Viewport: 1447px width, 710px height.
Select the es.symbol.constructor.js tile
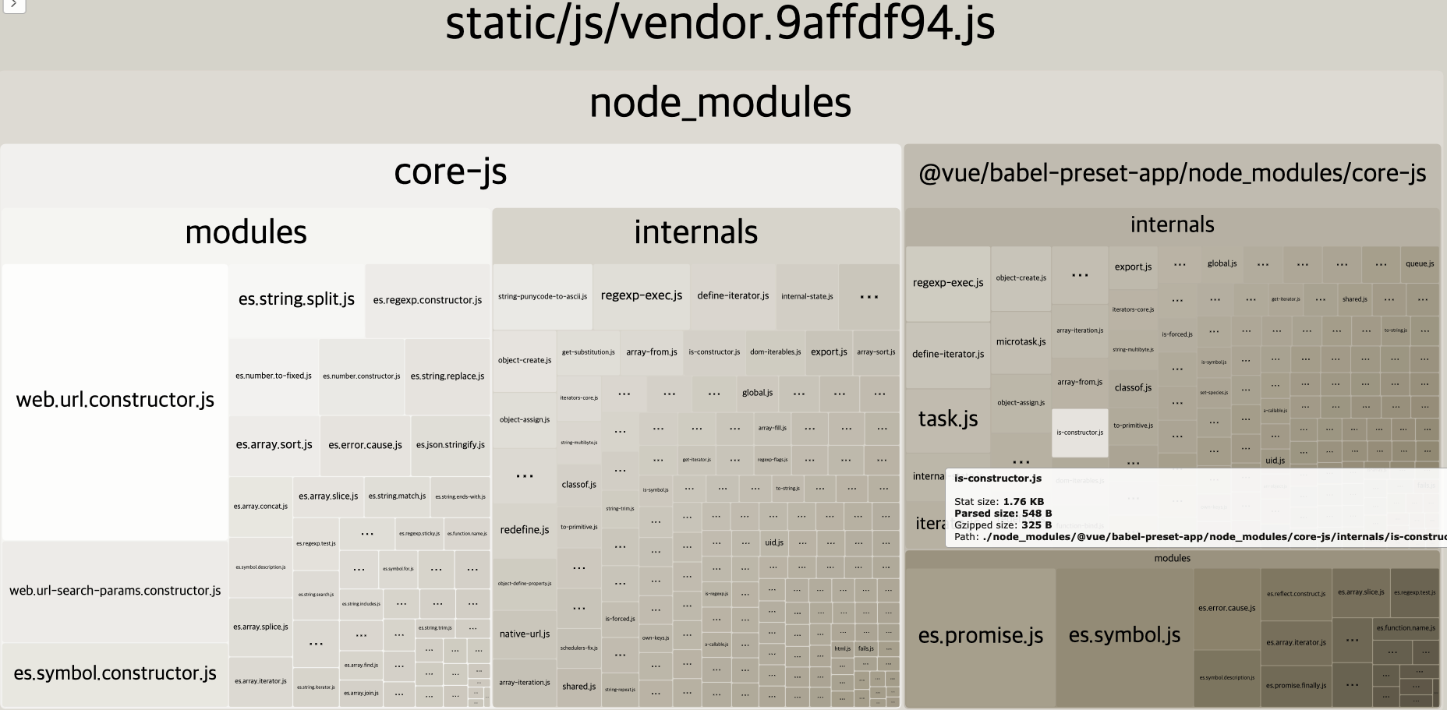pyautogui.click(x=115, y=673)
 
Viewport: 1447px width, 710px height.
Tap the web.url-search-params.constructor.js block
pyautogui.click(x=115, y=591)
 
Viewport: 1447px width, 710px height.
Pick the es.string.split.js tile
pyautogui.click(x=296, y=299)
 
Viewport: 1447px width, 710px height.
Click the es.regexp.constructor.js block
pyautogui.click(x=427, y=300)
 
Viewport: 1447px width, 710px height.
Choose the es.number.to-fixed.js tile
pyautogui.click(x=274, y=376)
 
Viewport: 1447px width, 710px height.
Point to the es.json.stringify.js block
pyautogui.click(x=450, y=445)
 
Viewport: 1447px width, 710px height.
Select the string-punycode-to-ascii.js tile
pyautogui.click(x=543, y=296)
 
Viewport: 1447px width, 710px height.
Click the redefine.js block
pyautogui.click(x=525, y=530)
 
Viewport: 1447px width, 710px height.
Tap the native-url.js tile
pyautogui.click(x=525, y=634)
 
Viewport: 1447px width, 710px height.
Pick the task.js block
pyautogui.click(x=948, y=419)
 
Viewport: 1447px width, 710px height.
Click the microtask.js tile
pyautogui.click(x=1021, y=341)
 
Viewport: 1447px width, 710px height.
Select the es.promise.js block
pyautogui.click(x=980, y=636)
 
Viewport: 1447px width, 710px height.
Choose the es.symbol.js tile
pyautogui.click(x=1124, y=635)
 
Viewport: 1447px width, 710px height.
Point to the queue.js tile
pyautogui.click(x=1420, y=263)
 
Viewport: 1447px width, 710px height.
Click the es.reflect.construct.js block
pyautogui.click(x=1296, y=594)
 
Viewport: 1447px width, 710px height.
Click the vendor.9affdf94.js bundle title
pyautogui.click(x=720, y=25)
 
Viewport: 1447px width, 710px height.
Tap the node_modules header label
pyautogui.click(x=720, y=103)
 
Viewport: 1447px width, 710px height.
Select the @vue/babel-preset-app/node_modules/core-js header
pyautogui.click(x=1172, y=173)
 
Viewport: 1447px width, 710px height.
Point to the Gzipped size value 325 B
pyautogui.click(x=1037, y=525)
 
